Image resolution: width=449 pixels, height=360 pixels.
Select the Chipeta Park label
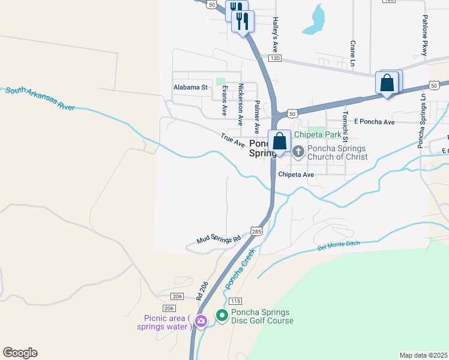point(317,134)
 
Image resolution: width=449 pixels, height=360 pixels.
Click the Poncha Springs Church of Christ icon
point(298,149)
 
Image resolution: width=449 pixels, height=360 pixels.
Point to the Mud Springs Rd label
point(218,239)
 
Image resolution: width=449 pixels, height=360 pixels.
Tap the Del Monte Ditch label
point(338,246)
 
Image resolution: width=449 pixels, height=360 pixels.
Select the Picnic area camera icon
point(200,322)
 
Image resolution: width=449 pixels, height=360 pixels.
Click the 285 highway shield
point(256,231)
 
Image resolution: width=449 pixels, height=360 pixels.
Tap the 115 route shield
point(235,301)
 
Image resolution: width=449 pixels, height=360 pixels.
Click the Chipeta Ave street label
point(296,175)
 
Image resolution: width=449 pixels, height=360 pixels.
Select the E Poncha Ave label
point(375,122)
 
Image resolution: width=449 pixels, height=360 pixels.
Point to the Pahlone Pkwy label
point(425,36)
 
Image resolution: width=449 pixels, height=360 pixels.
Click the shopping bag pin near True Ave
point(280,142)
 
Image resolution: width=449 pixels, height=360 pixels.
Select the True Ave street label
point(233,140)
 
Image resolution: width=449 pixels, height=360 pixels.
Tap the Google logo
point(20,353)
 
